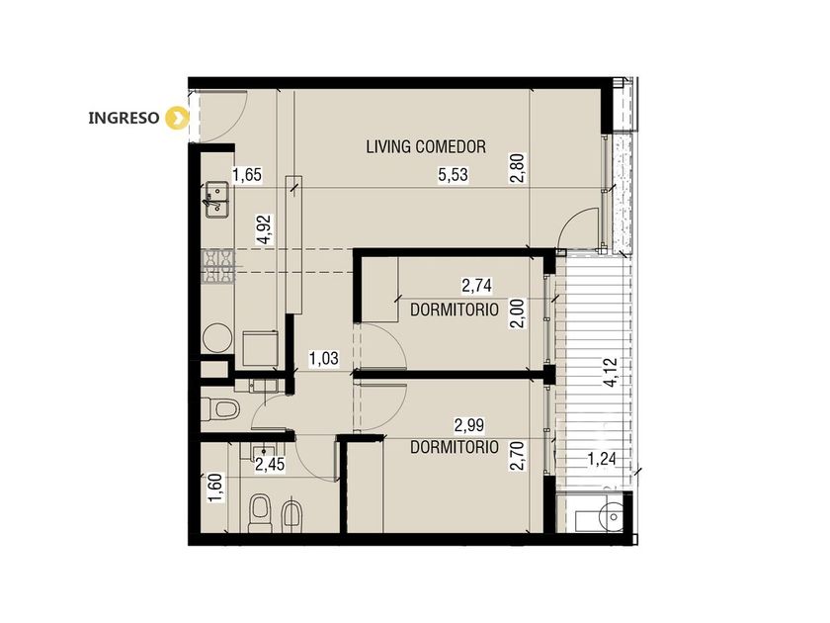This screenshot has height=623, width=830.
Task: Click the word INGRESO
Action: click(124, 118)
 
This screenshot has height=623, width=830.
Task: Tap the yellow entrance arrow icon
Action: click(177, 118)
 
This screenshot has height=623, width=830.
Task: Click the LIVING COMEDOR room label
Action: click(426, 146)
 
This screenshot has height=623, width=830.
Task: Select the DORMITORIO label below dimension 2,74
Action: click(455, 310)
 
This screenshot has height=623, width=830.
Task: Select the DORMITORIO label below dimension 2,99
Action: click(455, 447)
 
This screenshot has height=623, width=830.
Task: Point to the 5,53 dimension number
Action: click(454, 174)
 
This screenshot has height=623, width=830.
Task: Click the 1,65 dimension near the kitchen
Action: click(247, 174)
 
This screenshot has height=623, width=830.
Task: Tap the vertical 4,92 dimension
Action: click(264, 228)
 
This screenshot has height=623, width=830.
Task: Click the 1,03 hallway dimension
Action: click(323, 359)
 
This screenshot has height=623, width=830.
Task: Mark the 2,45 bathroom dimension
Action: click(270, 465)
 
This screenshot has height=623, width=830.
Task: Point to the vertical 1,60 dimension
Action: click(215, 488)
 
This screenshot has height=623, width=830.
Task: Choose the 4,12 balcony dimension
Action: click(611, 373)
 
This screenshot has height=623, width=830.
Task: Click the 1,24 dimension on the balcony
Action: click(602, 459)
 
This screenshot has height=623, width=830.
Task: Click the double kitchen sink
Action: click(217, 200)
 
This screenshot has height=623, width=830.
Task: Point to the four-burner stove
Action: click(218, 267)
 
